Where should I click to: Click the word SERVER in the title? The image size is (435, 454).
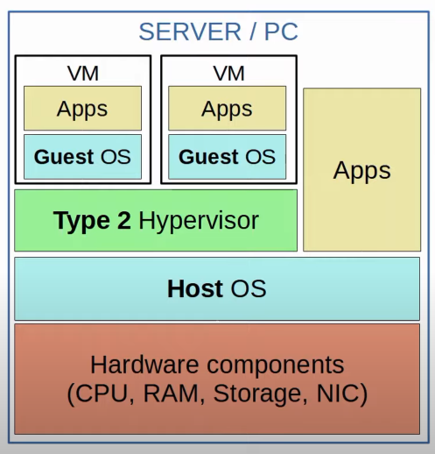[190, 32]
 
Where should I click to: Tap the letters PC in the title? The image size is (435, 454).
[281, 32]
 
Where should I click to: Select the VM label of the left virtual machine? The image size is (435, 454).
[83, 74]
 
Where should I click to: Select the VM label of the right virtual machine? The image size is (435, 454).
[229, 74]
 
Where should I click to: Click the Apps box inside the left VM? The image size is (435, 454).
[82, 108]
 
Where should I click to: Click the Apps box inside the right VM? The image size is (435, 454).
[228, 108]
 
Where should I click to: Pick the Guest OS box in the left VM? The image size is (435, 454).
[82, 157]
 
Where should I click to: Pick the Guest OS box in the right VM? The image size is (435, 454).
[228, 157]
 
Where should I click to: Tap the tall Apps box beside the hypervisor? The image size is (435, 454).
[362, 169]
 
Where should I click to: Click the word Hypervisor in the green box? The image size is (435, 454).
[199, 221]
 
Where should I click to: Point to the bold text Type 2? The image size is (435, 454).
[92, 221]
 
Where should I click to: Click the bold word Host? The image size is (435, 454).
[195, 288]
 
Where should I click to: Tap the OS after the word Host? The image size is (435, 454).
[249, 288]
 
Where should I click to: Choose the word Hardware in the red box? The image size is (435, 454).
[144, 365]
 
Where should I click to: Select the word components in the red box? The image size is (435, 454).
[276, 366]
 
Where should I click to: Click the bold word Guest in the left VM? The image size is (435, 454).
[64, 157]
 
